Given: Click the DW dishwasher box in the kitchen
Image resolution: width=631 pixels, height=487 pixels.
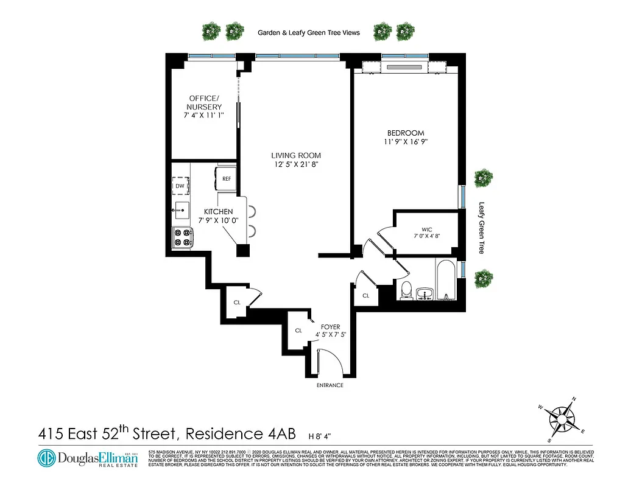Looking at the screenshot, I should (x=180, y=186).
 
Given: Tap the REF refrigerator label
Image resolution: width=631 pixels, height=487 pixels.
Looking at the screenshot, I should (x=226, y=179).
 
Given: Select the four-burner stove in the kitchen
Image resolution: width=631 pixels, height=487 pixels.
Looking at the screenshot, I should (x=181, y=237).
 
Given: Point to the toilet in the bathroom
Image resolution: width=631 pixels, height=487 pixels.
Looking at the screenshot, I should (x=406, y=291).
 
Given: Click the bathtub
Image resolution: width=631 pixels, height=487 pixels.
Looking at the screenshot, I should (x=446, y=281).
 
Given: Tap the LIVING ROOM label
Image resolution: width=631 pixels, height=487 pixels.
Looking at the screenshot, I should (x=296, y=155).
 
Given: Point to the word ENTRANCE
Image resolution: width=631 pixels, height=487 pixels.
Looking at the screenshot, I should (x=330, y=385).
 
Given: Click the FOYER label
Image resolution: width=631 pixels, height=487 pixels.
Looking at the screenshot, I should (x=331, y=327).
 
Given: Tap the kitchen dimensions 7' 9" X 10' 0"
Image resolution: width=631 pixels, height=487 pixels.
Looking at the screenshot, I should (x=218, y=220).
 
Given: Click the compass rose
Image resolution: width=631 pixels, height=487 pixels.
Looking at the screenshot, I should (x=559, y=419).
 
